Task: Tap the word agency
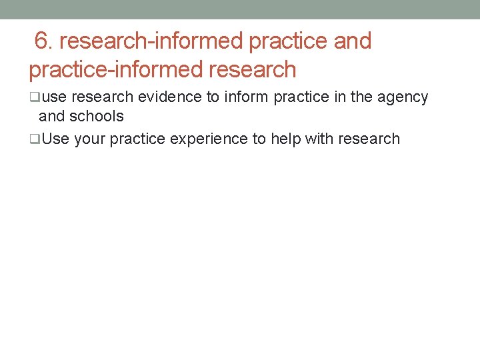point(403,97)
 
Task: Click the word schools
point(97,117)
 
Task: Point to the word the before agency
point(361,97)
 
